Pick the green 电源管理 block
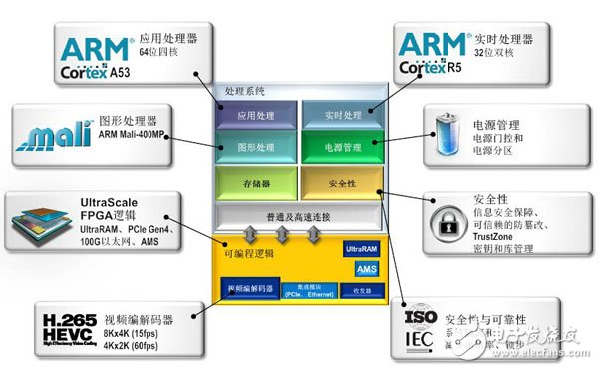pos(342,148)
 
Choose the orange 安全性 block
pos(342,183)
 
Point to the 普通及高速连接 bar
pos(299,216)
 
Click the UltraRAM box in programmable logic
pos(360,247)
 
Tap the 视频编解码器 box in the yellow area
pos(249,290)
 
